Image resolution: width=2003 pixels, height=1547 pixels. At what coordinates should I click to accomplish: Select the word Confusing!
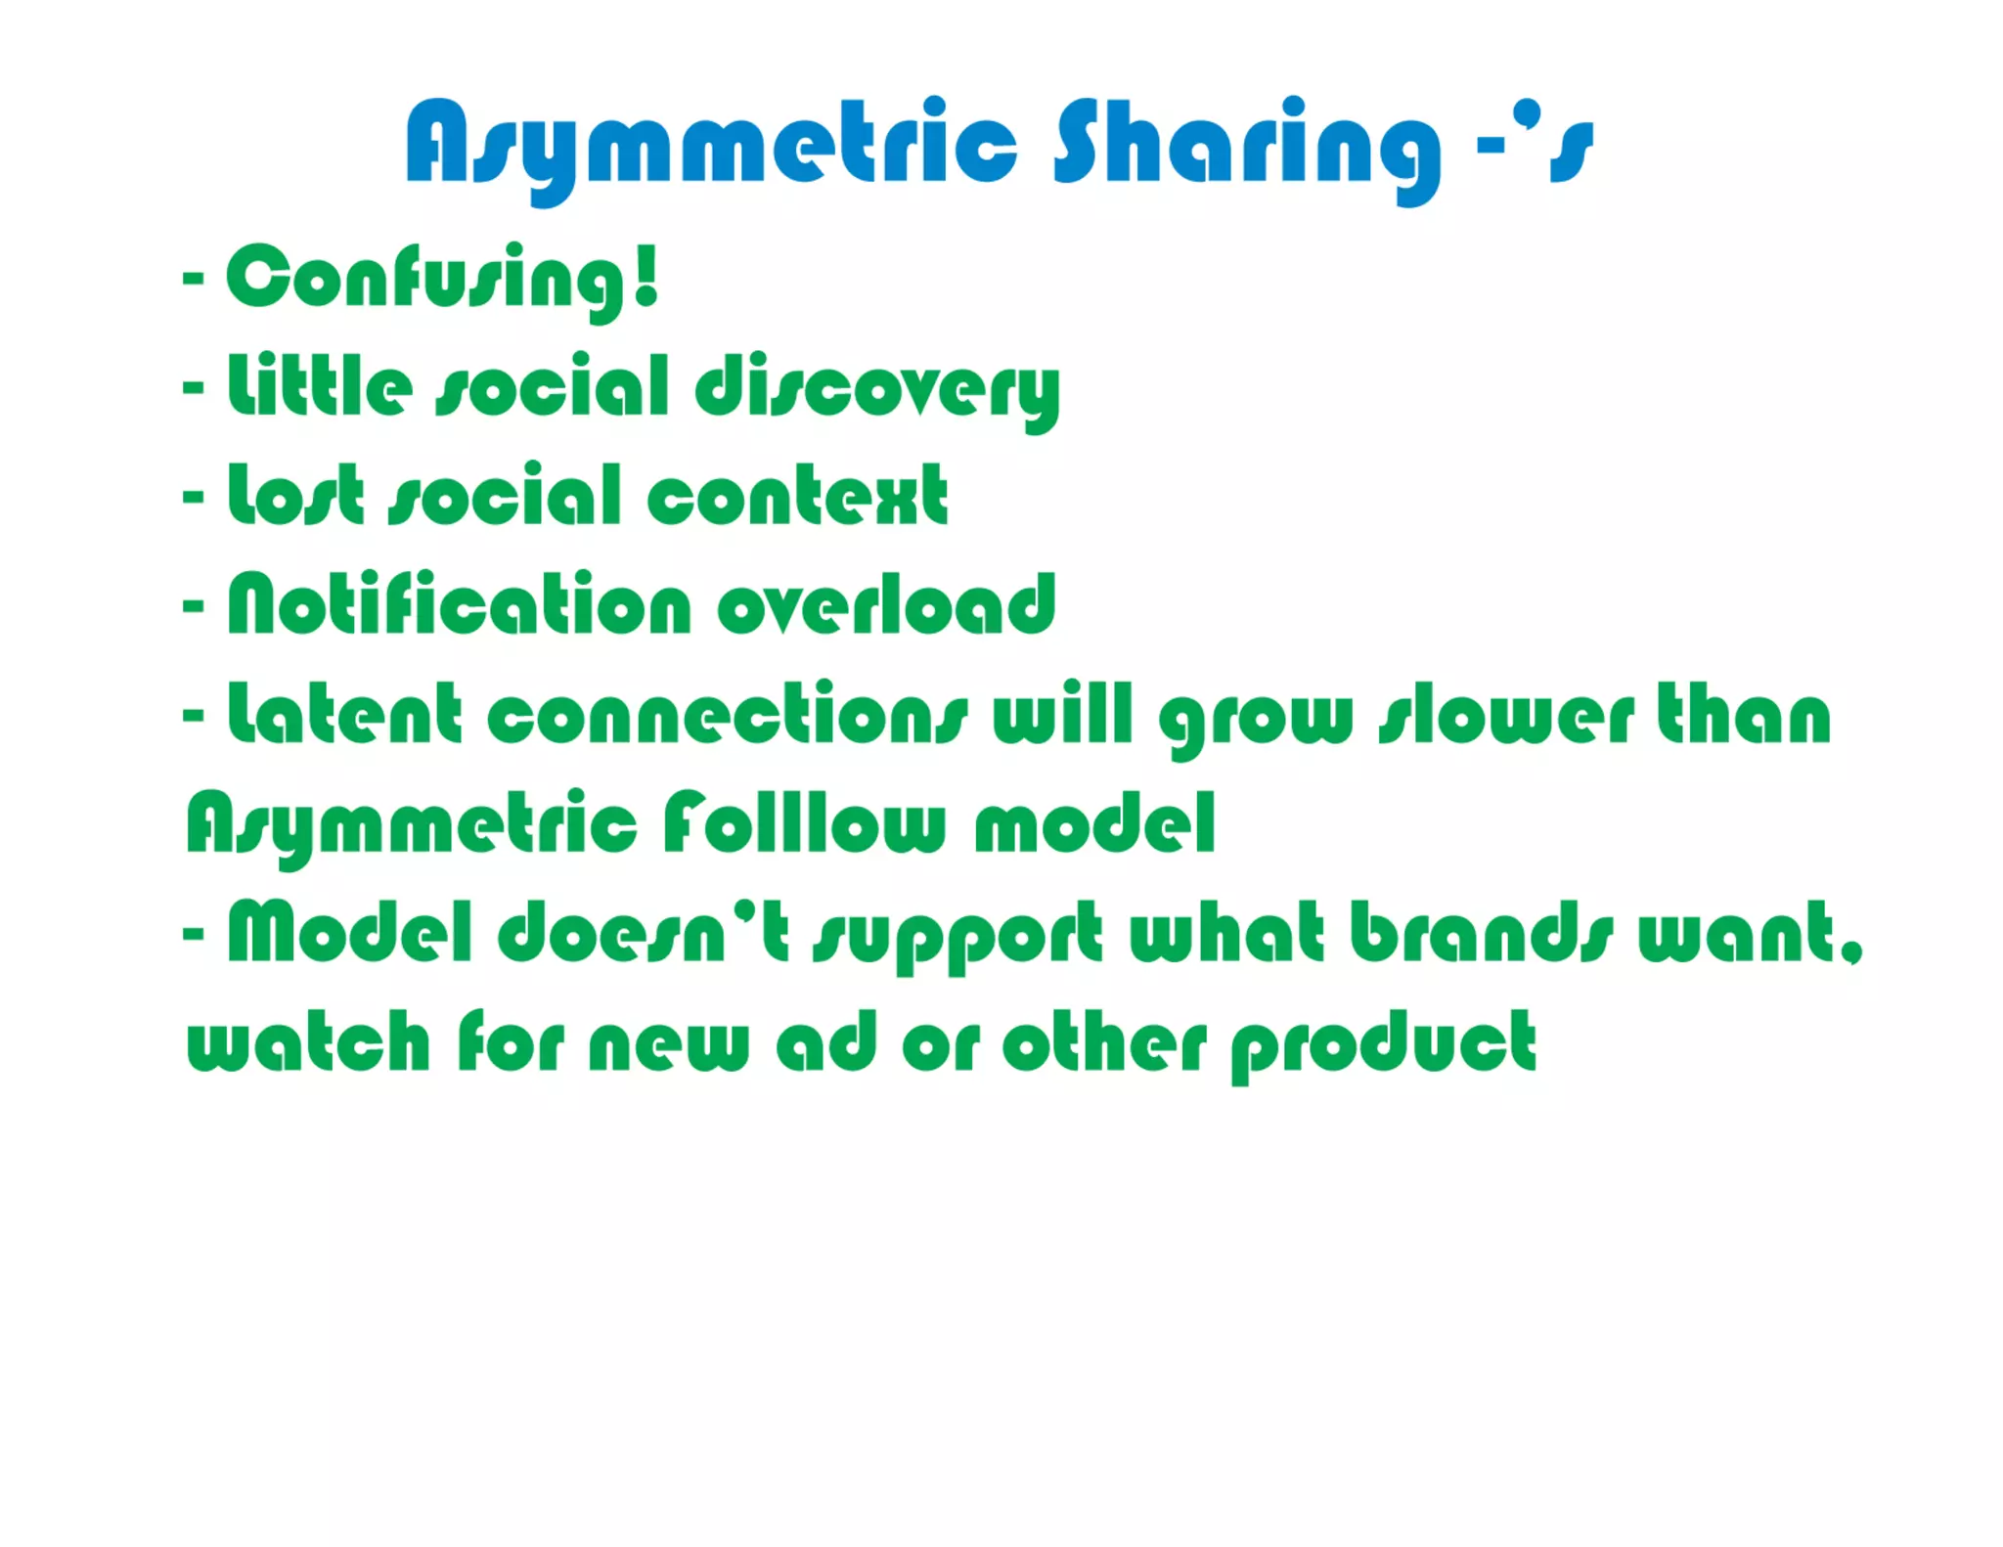point(443,279)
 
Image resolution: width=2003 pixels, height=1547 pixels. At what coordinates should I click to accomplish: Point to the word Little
point(320,386)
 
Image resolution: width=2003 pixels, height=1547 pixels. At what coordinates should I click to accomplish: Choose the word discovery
point(877,389)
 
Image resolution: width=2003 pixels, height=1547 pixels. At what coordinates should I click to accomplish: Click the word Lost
point(296,496)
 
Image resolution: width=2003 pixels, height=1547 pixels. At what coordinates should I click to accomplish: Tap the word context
point(797,497)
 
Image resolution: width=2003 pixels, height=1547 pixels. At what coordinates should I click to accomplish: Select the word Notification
point(460,604)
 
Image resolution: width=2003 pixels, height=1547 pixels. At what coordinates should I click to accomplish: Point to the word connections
point(728,717)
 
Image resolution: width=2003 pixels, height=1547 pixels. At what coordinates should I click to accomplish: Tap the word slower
point(1506,717)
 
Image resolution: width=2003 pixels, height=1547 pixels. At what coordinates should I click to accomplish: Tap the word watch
point(308,1043)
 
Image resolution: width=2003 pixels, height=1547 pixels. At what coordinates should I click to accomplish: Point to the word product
point(1383,1045)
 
